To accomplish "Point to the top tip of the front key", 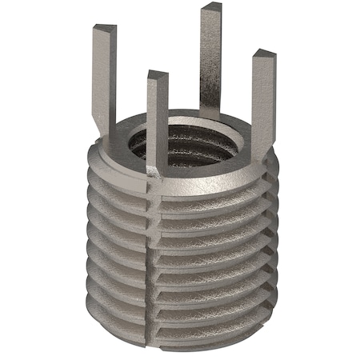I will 158,77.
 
